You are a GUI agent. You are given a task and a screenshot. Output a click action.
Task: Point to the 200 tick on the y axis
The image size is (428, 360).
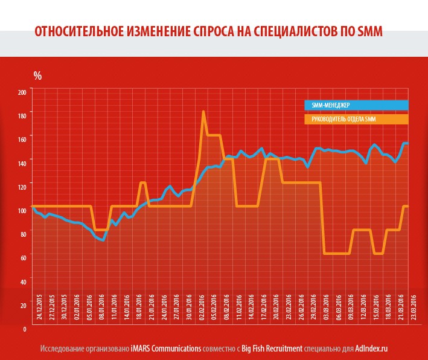click(x=22, y=92)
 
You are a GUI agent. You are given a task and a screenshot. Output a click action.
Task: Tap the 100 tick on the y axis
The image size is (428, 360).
click(x=22, y=211)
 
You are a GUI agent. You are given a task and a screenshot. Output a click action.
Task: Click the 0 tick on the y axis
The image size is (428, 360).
click(x=25, y=330)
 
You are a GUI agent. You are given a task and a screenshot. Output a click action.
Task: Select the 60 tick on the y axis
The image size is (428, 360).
click(x=24, y=259)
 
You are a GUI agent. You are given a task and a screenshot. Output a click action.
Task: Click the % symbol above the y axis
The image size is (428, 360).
click(x=37, y=76)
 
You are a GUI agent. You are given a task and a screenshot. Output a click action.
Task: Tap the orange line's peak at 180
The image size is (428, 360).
click(x=203, y=112)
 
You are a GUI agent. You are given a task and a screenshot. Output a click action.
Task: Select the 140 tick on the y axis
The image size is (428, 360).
click(x=22, y=163)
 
